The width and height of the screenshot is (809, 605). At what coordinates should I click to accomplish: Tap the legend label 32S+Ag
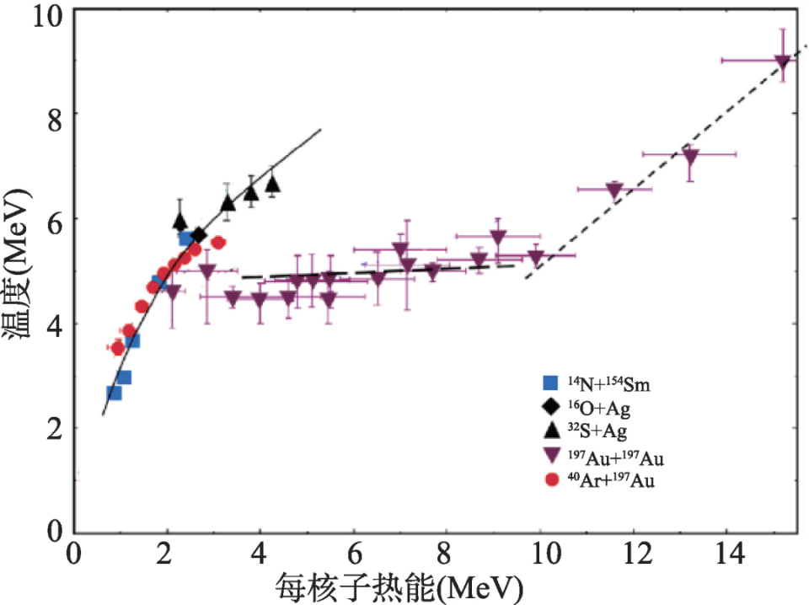(599, 431)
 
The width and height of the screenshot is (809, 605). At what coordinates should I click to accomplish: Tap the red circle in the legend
(552, 480)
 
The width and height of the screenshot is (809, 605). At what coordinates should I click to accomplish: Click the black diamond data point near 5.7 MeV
(199, 234)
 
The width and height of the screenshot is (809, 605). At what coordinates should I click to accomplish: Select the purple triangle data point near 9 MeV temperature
(782, 62)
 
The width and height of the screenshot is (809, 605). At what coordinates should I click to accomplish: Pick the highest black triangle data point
(273, 183)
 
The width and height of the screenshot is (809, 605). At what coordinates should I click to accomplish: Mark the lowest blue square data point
(114, 393)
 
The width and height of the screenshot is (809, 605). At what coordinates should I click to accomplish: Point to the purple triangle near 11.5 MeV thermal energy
(613, 190)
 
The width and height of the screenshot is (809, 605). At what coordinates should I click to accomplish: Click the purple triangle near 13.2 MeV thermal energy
(691, 156)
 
